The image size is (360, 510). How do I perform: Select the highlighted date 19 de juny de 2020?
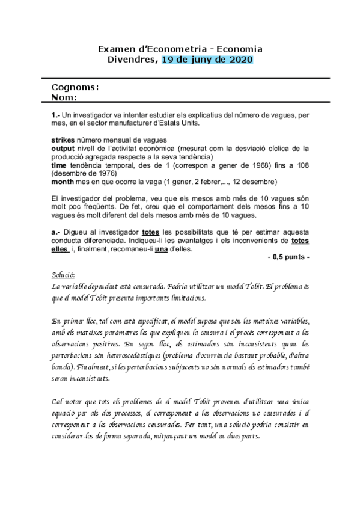pyautogui.click(x=207, y=60)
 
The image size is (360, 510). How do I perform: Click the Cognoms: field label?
pyautogui.click(x=75, y=87)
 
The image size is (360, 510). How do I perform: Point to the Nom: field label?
pyautogui.click(x=65, y=97)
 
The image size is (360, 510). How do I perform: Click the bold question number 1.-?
pyautogui.click(x=56, y=114)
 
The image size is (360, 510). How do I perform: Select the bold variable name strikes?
pyautogui.click(x=63, y=139)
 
